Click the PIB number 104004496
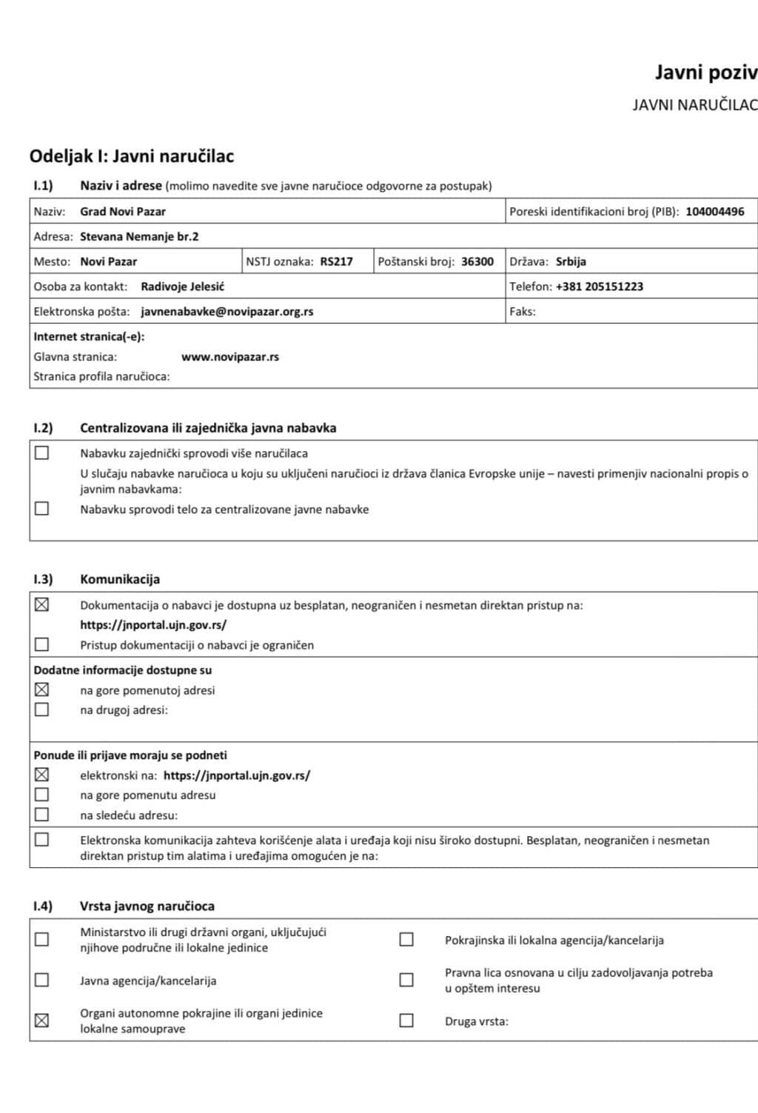point(714,212)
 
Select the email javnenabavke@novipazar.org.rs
point(227,312)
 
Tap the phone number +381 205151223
point(599,287)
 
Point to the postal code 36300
point(477,261)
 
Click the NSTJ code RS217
point(336,261)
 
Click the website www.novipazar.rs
point(230,357)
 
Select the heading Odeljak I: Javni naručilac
point(132,156)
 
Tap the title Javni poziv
point(705,73)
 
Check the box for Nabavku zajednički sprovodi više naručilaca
point(42,452)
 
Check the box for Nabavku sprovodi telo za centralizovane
point(42,509)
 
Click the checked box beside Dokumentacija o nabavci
point(42,605)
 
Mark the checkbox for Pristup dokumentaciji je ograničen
point(42,644)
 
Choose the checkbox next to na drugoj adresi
point(42,709)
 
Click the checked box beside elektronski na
point(42,775)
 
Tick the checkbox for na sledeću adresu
point(42,815)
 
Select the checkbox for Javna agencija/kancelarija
point(42,980)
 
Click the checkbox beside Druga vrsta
point(406,1020)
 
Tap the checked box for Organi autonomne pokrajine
point(42,1020)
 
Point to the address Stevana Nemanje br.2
point(139,237)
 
